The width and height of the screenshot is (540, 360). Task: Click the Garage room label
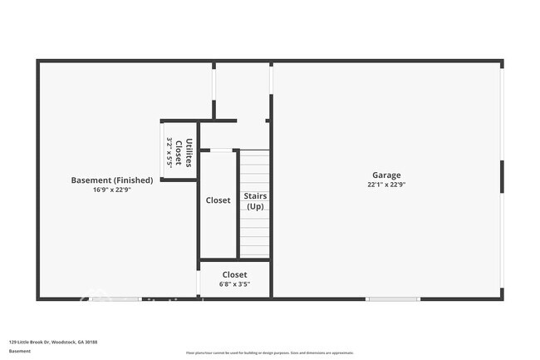386,175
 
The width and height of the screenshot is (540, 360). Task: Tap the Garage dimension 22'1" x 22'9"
386,185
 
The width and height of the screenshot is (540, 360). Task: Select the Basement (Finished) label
112,180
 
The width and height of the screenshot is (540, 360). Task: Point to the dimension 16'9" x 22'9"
112,190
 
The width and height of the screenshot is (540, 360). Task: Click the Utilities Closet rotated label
184,153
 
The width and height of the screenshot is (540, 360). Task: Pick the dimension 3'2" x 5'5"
169,153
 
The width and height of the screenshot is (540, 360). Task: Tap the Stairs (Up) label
254,201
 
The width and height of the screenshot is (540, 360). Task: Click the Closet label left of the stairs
218,200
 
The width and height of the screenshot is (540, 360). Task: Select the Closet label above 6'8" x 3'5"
234,274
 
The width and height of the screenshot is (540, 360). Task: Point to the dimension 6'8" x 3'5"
234,284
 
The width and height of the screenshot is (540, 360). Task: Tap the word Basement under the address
20,351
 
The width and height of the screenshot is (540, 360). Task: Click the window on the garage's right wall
502,177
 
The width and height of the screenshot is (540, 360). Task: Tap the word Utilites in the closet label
189,153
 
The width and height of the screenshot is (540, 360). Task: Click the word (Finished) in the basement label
133,180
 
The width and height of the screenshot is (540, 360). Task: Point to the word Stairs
254,196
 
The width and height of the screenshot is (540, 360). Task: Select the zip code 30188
91,342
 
